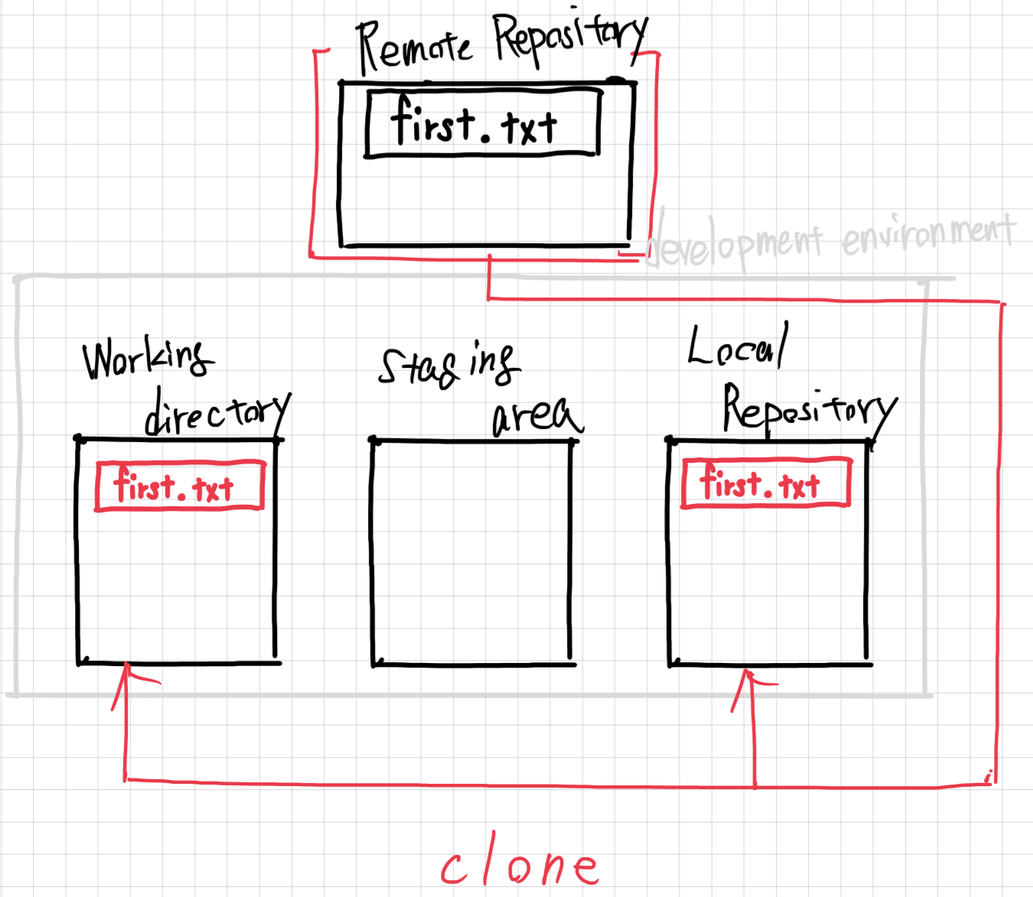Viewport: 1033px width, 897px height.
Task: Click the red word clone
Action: pos(520,866)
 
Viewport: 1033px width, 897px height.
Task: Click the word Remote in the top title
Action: pos(413,46)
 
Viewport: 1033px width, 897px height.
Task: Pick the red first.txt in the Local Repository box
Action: pos(765,483)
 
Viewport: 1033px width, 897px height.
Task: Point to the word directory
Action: pos(217,414)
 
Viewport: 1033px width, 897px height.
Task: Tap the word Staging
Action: pos(448,366)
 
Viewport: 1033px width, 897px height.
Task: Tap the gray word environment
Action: pos(928,233)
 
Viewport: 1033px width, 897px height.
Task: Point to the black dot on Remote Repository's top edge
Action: pos(615,80)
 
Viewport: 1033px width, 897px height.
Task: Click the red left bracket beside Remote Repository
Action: pos(314,153)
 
